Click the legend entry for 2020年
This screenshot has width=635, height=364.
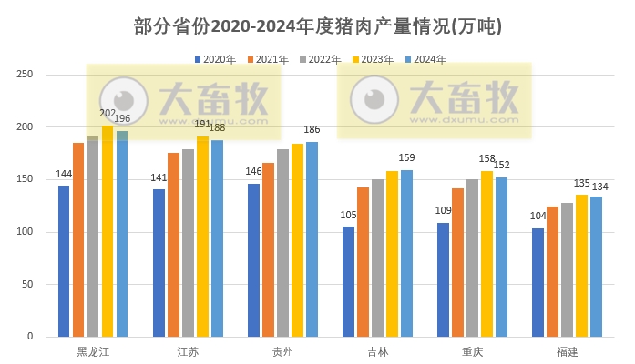pos(215,59)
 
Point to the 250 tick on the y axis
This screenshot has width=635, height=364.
pos(25,75)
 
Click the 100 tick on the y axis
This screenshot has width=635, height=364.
pos(25,232)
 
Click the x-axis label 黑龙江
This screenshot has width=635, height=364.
pos(93,351)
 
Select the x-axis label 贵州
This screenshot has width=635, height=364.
pos(282,351)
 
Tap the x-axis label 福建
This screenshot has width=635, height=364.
pos(567,351)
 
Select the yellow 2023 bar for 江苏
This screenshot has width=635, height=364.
pos(202,237)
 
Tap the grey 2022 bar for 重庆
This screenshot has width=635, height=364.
pos(472,258)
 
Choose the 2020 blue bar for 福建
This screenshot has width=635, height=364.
pos(538,282)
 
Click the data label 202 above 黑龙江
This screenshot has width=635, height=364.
pos(108,114)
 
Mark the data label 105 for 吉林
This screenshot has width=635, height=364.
pos(348,215)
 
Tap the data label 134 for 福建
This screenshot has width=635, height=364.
pos(599,187)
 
